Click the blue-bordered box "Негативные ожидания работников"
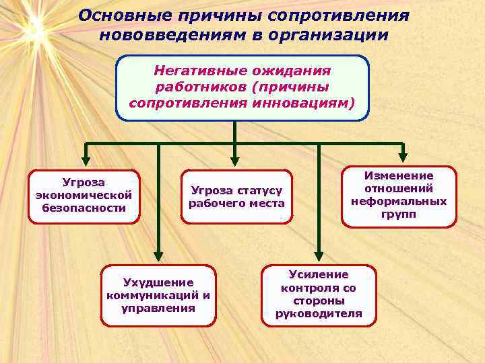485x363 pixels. tap(243, 87)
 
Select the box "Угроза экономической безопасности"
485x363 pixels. tap(84, 195)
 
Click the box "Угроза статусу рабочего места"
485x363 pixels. tap(236, 197)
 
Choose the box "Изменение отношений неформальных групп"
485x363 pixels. tap(398, 195)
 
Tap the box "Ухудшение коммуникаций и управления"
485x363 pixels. tap(158, 295)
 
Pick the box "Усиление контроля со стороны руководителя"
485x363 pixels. tap(319, 294)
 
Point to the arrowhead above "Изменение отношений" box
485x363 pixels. tap(402, 159)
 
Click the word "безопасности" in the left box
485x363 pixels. tap(84, 208)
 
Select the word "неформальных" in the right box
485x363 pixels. tap(398, 201)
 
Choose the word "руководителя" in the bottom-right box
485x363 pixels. tap(319, 313)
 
